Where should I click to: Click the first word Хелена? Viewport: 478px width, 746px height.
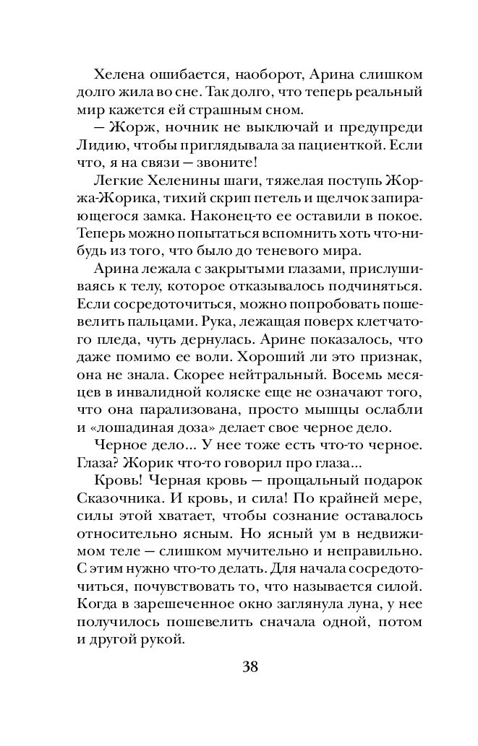121,74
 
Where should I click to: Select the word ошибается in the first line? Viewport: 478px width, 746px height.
191,74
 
